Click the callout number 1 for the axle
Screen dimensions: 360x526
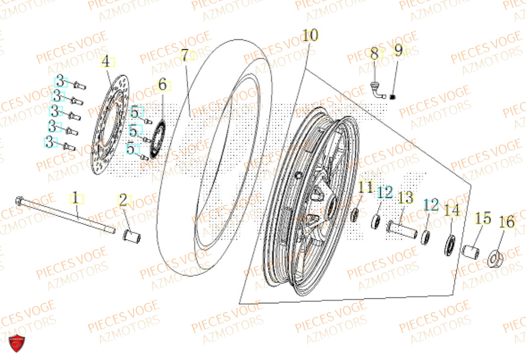(x=76, y=198)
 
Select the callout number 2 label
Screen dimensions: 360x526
(x=124, y=200)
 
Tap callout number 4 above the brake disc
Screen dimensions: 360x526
(x=106, y=61)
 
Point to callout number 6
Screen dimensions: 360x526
(x=162, y=84)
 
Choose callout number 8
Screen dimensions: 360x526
(x=375, y=54)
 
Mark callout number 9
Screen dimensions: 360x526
(x=398, y=50)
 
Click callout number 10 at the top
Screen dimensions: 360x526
(x=310, y=36)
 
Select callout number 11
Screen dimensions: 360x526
(x=366, y=187)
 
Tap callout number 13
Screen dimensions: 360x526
(x=406, y=198)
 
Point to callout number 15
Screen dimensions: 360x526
(x=483, y=218)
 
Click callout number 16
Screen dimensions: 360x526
(x=507, y=223)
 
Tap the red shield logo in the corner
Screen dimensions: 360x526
(x=17, y=343)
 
